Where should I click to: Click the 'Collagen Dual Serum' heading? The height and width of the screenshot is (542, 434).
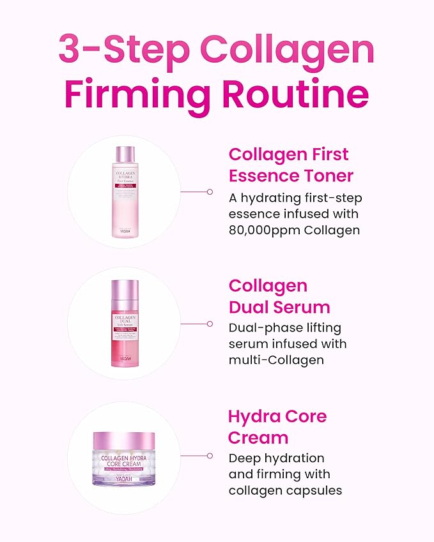[x=279, y=296]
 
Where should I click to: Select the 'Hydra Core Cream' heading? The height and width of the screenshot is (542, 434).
[x=277, y=427]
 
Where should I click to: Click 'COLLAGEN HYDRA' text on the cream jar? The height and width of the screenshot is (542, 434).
[x=124, y=457]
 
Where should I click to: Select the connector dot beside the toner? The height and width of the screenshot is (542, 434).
[x=210, y=191]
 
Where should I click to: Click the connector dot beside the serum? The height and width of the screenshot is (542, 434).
[x=210, y=324]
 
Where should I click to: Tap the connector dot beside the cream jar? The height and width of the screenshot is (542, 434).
[x=210, y=456]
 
